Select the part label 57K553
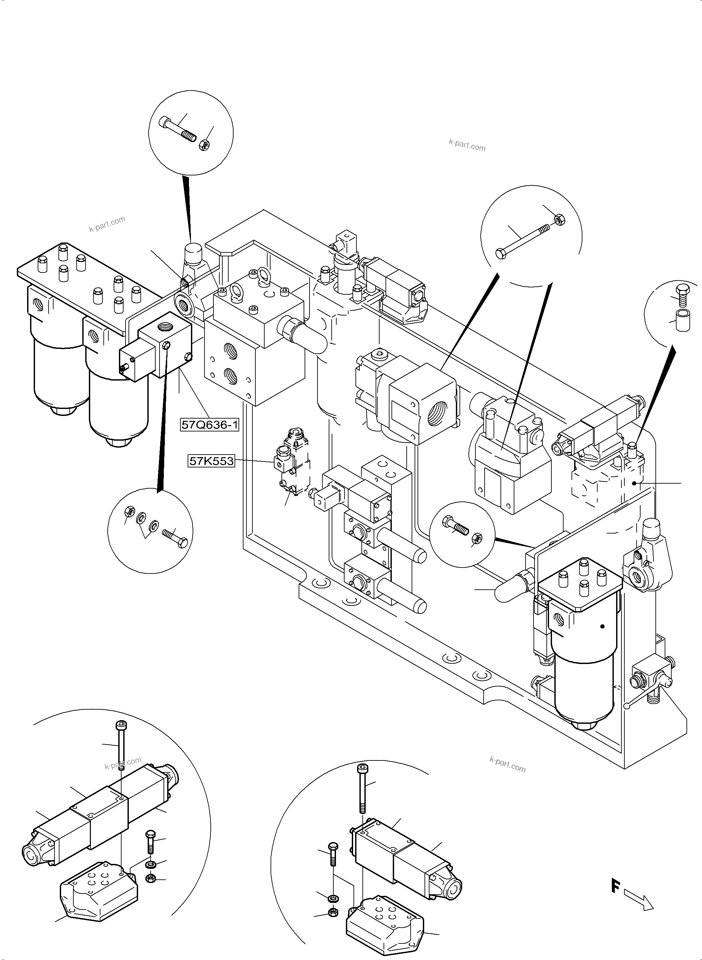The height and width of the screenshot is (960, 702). point(211,461)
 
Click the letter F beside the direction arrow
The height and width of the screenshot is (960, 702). point(614,886)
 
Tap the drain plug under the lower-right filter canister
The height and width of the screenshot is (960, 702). point(585,725)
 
